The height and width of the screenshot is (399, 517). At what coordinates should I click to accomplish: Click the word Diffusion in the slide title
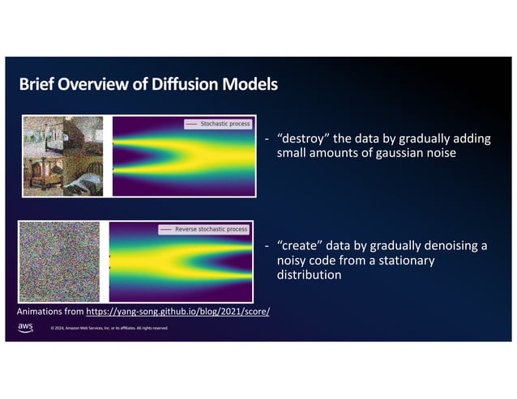[x=188, y=84]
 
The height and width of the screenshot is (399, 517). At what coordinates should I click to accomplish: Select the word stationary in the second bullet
[x=404, y=261]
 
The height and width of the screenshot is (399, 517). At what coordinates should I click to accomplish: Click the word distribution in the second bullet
[x=309, y=275]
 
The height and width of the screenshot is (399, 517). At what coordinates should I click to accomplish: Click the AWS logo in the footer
[x=26, y=327]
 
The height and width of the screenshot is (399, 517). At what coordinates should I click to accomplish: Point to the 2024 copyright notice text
[x=109, y=329]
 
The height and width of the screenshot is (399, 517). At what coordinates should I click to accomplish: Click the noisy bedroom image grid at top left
[x=63, y=155]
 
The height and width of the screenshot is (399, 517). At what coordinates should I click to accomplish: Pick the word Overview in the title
[x=100, y=84]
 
